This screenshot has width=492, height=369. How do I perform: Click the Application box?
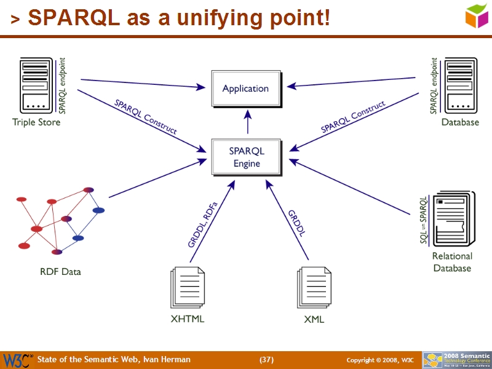(x=245, y=89)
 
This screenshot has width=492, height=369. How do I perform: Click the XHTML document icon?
(x=188, y=288)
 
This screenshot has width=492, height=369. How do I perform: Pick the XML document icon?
(x=314, y=288)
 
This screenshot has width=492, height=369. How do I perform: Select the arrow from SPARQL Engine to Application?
(x=248, y=122)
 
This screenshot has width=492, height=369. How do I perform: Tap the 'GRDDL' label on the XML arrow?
(x=297, y=223)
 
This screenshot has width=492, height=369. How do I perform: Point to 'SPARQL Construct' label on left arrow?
(x=146, y=117)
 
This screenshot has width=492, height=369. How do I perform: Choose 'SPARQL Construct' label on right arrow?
(x=352, y=117)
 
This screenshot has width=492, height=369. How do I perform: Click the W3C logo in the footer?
(x=17, y=360)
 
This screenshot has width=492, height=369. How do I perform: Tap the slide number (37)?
(x=266, y=360)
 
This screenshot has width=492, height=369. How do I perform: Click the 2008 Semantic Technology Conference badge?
(x=456, y=360)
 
